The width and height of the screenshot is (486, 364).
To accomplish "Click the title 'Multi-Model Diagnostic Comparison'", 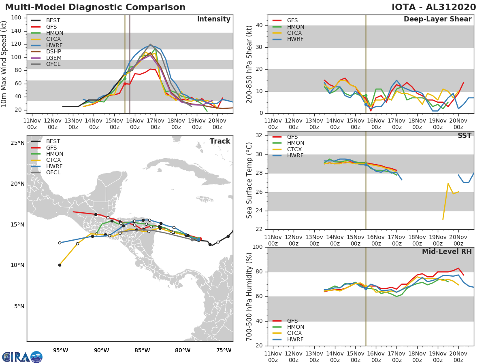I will click(x=95, y=7).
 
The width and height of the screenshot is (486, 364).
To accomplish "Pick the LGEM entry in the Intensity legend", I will click(x=54, y=57).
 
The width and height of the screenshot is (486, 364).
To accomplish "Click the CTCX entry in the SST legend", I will click(x=295, y=149).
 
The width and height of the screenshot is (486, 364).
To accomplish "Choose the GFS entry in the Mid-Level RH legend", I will click(x=292, y=321).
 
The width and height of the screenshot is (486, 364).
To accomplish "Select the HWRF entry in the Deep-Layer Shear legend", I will click(x=295, y=39).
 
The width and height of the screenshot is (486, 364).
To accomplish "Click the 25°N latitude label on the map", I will click(x=17, y=143).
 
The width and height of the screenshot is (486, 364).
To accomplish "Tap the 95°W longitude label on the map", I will click(x=60, y=350).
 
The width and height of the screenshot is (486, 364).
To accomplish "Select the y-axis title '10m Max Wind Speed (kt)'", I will click(x=4, y=65).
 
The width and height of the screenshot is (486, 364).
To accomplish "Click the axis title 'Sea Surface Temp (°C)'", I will click(x=249, y=180).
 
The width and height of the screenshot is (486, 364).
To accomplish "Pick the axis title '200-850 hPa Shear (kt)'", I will click(x=249, y=64).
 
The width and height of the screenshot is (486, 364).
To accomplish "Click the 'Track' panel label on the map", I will click(x=220, y=141).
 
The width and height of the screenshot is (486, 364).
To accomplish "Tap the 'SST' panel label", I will click(x=464, y=136).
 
